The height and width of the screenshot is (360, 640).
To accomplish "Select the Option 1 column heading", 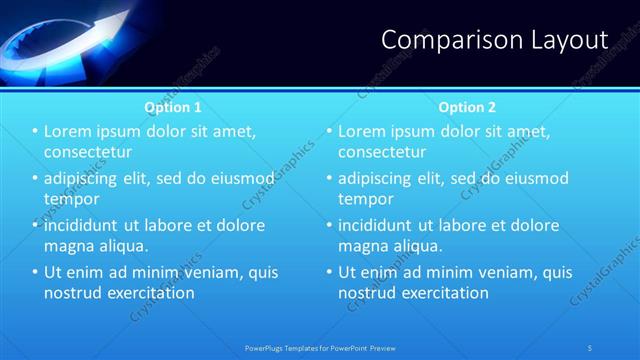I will (x=173, y=106).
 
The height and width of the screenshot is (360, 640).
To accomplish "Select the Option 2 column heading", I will (x=466, y=106).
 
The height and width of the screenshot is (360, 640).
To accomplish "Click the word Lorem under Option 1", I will (x=69, y=132).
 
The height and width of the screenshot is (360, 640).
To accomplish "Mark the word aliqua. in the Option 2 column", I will (x=415, y=246).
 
